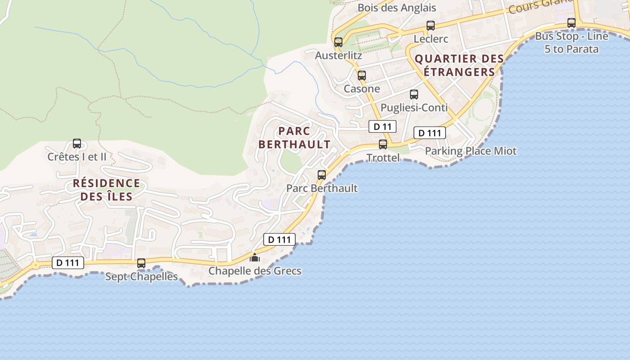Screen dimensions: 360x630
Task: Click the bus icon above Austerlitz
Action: click(x=338, y=42)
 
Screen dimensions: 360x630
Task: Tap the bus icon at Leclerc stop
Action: click(x=431, y=26)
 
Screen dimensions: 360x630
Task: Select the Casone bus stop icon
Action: click(x=362, y=76)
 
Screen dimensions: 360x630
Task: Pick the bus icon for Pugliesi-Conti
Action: click(x=414, y=94)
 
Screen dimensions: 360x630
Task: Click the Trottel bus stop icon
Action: click(x=383, y=144)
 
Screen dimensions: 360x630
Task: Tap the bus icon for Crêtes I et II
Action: click(x=77, y=144)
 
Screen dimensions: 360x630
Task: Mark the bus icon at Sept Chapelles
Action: click(x=141, y=263)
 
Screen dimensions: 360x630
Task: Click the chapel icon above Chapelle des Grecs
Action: click(x=255, y=257)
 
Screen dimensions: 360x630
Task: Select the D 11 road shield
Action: click(x=382, y=127)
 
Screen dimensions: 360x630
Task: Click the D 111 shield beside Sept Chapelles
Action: click(x=68, y=263)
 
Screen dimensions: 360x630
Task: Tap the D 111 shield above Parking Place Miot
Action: click(x=430, y=133)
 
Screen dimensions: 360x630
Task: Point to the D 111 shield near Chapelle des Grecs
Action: click(x=279, y=239)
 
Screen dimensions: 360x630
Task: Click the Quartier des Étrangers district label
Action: click(x=459, y=65)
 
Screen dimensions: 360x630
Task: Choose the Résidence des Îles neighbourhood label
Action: click(x=107, y=190)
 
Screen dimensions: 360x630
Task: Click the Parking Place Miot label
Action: click(x=471, y=151)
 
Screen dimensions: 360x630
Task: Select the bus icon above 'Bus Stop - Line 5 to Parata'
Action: click(x=571, y=22)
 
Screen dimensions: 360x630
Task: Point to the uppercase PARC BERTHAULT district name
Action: click(x=295, y=138)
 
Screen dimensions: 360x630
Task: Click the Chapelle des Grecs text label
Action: click(x=255, y=271)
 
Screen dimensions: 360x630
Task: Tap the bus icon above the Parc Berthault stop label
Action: click(x=322, y=175)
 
